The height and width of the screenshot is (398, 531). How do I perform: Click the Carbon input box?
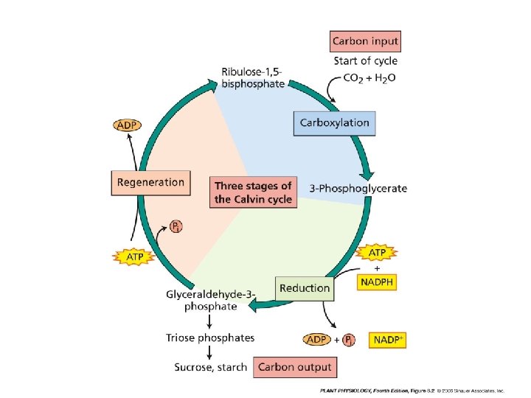point(366,41)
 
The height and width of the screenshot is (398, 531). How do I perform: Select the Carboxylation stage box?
point(334,122)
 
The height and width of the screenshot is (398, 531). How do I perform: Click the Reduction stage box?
point(305,288)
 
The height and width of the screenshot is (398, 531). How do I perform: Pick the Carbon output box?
point(295,366)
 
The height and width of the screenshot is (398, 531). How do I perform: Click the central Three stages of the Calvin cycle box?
point(253,192)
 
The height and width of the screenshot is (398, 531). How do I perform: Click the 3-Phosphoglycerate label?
point(358,188)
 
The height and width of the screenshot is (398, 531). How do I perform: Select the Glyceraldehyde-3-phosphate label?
point(211,300)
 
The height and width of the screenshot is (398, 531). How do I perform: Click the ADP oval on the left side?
point(127,125)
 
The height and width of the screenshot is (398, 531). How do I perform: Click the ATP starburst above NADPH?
point(377,253)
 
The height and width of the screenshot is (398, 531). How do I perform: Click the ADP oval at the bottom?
point(316,340)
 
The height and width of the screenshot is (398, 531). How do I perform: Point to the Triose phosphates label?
point(210,338)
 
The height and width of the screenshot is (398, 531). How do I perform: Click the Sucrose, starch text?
point(211,366)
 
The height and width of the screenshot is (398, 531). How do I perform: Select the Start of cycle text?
point(365,60)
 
